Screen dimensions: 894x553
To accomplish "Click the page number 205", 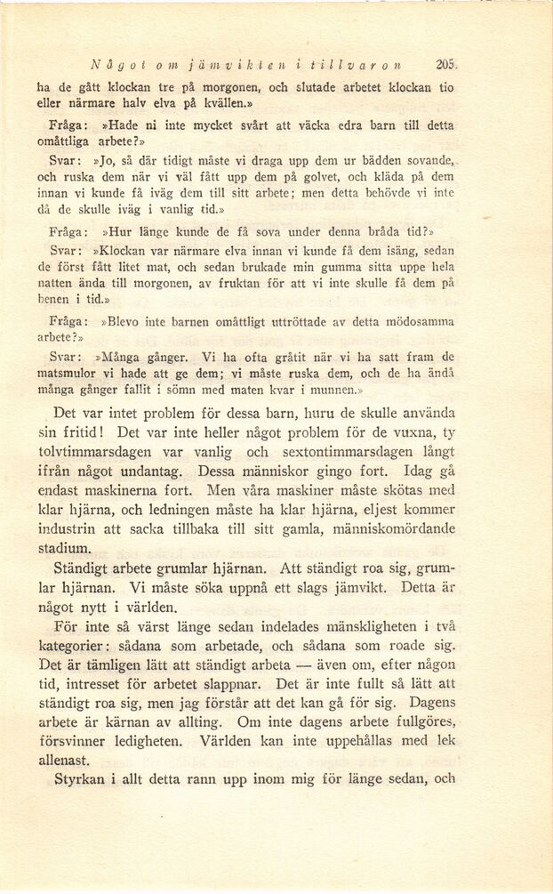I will [x=446, y=65].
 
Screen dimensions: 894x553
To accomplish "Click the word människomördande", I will [x=386, y=529].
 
